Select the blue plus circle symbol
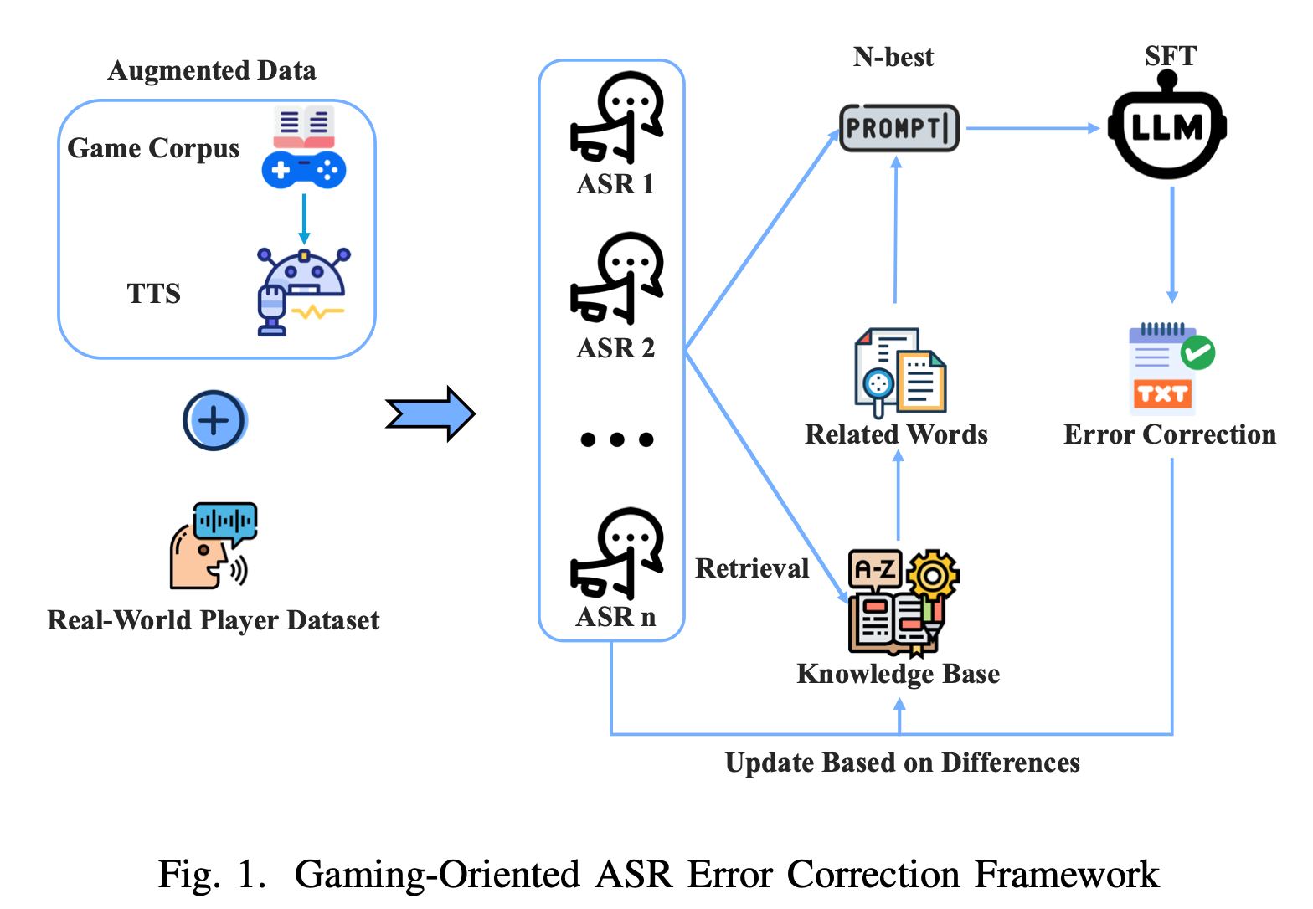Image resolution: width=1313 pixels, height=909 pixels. (x=214, y=420)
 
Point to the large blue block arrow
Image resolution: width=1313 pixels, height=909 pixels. (x=430, y=413)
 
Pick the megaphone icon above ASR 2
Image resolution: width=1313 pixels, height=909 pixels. (x=616, y=279)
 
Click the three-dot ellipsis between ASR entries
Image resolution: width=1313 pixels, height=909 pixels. (x=616, y=439)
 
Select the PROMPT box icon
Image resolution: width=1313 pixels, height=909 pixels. (x=899, y=128)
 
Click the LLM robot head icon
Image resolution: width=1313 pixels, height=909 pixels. (x=1167, y=127)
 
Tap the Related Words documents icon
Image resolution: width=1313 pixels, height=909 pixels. (x=899, y=372)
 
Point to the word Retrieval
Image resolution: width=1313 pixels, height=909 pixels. (x=752, y=568)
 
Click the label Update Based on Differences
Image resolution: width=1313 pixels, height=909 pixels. (x=902, y=763)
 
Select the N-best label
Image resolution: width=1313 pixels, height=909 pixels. (x=893, y=57)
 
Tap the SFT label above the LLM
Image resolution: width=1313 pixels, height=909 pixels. (x=1170, y=56)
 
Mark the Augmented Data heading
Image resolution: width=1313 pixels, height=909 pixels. (x=212, y=70)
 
